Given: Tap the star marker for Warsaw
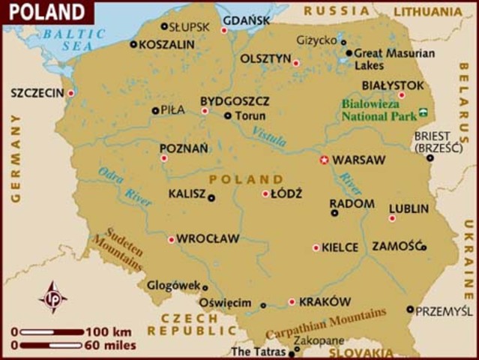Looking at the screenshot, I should coord(325,160).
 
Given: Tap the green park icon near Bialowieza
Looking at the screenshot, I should coord(424,112).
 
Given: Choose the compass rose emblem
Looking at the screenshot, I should coord(52,297).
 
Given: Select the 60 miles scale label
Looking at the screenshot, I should coord(112,346).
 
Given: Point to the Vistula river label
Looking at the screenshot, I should coord(268,137).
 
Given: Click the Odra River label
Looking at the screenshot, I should coord(124,185).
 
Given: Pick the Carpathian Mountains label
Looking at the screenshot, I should coord(326,323).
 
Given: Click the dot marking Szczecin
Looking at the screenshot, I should coord(71,94).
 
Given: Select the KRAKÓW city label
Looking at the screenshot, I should coord(325,301).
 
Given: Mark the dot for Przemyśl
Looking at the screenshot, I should coord(410,309).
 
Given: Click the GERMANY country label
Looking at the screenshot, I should coord(15,158).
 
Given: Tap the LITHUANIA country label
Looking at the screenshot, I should coord(428,11).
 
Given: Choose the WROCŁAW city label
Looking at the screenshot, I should coord(208,238).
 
